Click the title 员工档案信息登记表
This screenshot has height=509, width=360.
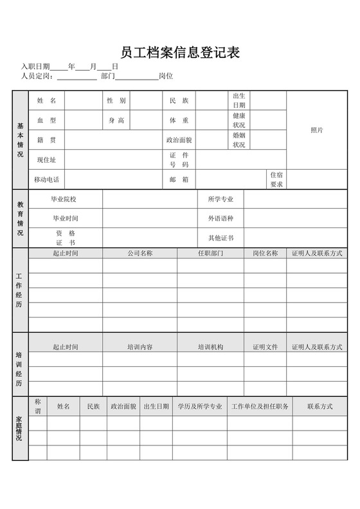pos(180,53)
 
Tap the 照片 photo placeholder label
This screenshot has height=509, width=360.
pos(316,130)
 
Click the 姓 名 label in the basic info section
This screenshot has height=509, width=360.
pos(47,101)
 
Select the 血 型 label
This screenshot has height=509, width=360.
pos(47,120)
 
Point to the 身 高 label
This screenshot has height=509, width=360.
pos(116,120)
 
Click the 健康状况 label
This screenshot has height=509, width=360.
pos(239,120)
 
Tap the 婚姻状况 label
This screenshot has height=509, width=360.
pos(239,140)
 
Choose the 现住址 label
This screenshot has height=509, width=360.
pos(47,159)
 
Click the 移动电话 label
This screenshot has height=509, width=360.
pos(47,179)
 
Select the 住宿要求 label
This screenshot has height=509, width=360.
pos(276,179)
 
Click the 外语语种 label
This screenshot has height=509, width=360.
pos(221,219)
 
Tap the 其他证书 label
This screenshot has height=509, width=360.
pos(221,238)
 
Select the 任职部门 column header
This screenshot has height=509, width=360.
pos(210,253)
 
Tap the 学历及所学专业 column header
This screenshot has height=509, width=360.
pos(200,406)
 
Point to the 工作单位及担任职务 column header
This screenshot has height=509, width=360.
pos(260,406)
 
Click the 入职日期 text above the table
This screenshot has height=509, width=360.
pos(35,66)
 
